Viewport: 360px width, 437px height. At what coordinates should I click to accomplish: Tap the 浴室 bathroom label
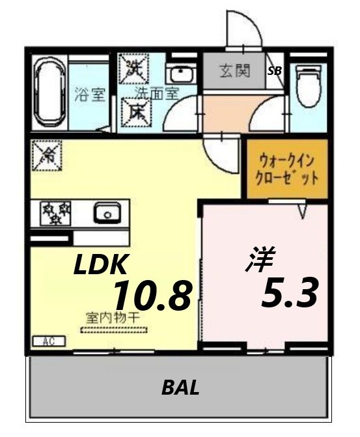click(89, 95)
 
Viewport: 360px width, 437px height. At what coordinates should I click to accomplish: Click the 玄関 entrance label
click(234, 71)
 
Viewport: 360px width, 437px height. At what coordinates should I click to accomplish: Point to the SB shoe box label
click(275, 72)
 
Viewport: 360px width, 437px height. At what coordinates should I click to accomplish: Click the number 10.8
click(152, 296)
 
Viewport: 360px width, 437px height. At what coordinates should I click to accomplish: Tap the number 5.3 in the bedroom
click(289, 293)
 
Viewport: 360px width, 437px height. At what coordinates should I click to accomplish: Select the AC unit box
click(48, 340)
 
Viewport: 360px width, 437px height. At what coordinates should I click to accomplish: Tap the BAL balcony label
click(180, 389)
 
